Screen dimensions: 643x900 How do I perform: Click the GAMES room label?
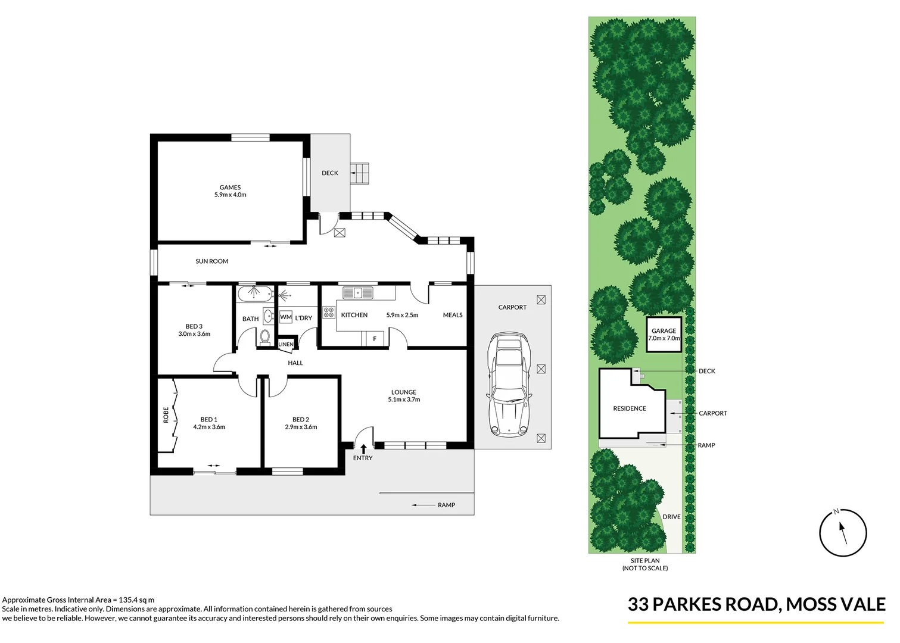point(230,188)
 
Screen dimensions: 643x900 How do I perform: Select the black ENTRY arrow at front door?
point(363,448)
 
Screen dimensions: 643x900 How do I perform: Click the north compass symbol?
point(842,533)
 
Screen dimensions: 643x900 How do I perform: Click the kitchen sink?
point(357,292)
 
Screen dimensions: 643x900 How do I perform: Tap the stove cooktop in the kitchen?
point(329,312)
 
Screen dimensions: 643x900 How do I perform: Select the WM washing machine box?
point(286,317)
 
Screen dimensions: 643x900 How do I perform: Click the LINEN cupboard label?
point(286,344)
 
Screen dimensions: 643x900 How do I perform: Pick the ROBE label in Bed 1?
point(166,415)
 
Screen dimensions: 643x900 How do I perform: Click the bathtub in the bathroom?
point(255,294)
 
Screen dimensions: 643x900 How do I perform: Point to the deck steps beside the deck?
point(360,174)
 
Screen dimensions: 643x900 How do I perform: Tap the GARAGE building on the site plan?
point(664,335)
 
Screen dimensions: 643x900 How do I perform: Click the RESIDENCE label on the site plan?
point(630,408)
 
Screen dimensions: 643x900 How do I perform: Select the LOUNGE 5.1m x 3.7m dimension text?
point(404,399)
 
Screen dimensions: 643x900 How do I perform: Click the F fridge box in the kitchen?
point(375,339)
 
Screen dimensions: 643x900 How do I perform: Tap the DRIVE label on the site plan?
point(671,517)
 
